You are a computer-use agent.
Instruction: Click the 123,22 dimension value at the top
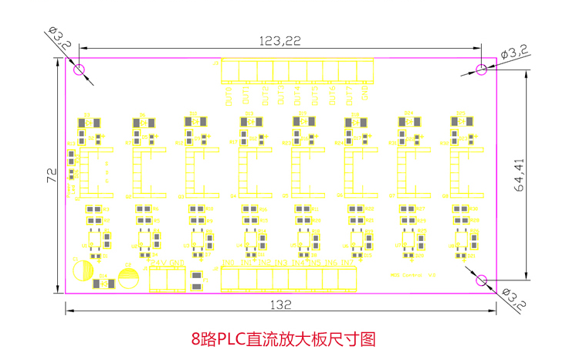[x=280, y=40]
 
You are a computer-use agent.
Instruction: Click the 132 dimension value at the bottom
[x=281, y=304]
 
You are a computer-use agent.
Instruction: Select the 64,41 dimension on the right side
[x=518, y=175]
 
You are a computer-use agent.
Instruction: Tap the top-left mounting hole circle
[x=80, y=69]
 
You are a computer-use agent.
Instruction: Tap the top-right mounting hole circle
[x=481, y=69]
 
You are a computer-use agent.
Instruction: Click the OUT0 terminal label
[x=229, y=97]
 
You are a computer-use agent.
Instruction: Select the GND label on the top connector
[x=365, y=93]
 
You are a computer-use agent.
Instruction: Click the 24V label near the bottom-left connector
[x=159, y=263]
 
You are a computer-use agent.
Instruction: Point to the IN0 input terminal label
[x=229, y=263]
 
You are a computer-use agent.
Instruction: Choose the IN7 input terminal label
[x=348, y=263]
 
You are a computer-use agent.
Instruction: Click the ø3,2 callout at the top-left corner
[x=59, y=37]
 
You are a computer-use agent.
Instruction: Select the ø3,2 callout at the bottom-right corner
[x=513, y=297]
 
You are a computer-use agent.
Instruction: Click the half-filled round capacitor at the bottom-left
[x=80, y=270]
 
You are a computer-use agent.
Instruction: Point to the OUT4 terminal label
[x=297, y=97]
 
